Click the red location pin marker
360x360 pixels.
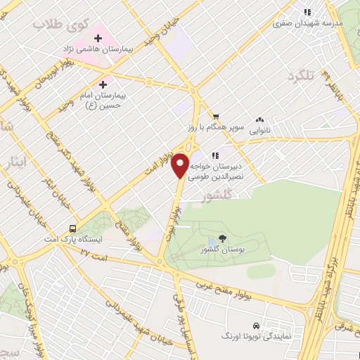click(181, 165)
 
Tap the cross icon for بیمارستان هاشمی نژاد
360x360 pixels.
click(98, 37)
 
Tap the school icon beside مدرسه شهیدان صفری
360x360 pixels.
click(307, 12)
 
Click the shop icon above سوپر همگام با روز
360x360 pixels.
click(217, 117)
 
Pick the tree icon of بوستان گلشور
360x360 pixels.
click(223, 239)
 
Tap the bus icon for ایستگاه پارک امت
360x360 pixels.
click(73, 229)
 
